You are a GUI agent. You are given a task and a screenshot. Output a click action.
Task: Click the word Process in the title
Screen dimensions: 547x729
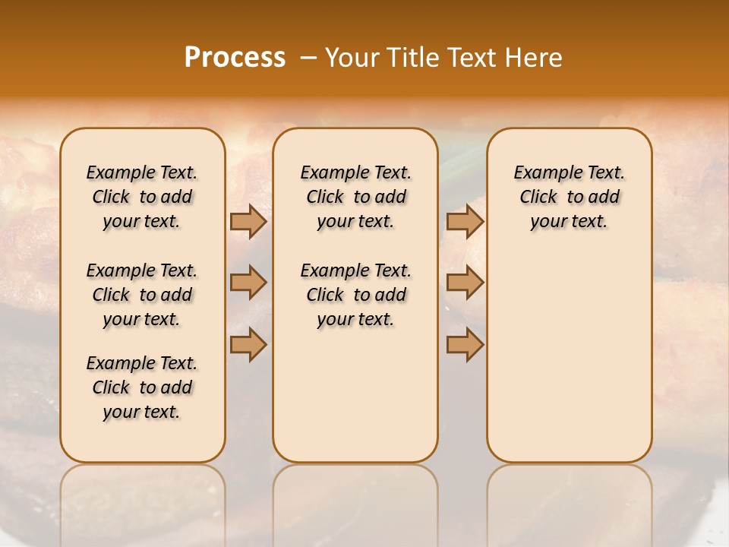coord(235,57)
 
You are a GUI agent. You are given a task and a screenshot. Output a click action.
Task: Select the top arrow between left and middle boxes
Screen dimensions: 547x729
coord(248,221)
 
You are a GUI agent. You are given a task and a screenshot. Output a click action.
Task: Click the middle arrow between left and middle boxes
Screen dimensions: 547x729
coord(248,283)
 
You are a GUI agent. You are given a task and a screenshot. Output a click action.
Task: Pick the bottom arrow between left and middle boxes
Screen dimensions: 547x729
coord(248,345)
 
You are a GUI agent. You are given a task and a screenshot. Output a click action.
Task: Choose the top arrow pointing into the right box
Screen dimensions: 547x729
coord(465,221)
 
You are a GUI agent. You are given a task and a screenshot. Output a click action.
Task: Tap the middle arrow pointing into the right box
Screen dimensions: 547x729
coord(465,283)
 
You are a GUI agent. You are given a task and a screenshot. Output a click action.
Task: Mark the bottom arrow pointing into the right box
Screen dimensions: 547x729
coord(465,345)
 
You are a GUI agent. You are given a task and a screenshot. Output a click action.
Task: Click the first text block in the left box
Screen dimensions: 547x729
coord(142,197)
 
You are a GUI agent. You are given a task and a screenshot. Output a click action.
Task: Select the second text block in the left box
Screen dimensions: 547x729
coord(142,295)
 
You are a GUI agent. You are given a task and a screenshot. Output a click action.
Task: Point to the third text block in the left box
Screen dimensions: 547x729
coord(142,387)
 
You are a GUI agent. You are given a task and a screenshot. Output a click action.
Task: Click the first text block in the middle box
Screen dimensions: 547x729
coord(355,197)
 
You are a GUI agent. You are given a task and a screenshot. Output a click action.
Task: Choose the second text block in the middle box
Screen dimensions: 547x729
coord(355,295)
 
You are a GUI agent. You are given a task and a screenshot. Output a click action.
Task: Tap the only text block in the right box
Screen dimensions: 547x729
coord(569,197)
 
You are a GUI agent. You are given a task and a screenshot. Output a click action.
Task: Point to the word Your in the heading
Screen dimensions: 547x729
coord(351,57)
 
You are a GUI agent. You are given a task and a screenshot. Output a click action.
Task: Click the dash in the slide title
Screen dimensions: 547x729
coord(308,57)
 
